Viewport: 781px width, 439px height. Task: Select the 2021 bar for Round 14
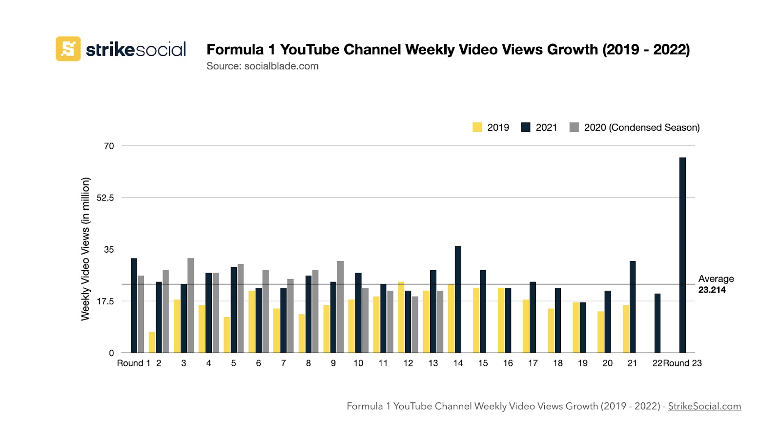(x=458, y=299)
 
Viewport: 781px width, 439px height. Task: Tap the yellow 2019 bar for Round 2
(x=152, y=342)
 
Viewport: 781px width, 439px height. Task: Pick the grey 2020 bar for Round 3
(x=190, y=305)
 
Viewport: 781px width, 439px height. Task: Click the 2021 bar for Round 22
(x=658, y=323)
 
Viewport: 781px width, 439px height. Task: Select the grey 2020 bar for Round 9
(x=340, y=307)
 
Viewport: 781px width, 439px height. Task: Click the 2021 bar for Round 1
(x=134, y=305)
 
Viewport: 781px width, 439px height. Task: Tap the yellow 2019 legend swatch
(x=477, y=127)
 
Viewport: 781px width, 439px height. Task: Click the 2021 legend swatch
(x=525, y=127)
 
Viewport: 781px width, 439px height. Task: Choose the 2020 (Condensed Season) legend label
(x=641, y=127)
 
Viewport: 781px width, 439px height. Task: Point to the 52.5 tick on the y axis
(x=105, y=198)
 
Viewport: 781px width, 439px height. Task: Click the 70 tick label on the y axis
(x=109, y=146)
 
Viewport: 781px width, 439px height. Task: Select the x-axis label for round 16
(x=508, y=363)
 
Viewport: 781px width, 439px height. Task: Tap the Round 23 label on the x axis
(x=682, y=363)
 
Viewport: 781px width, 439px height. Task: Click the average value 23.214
(x=712, y=290)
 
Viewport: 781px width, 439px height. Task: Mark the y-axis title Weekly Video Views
(x=85, y=249)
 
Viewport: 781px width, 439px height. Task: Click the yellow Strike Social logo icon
(x=68, y=49)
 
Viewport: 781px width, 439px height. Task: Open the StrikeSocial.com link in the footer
(x=704, y=406)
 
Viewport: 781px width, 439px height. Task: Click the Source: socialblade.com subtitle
(x=262, y=66)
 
